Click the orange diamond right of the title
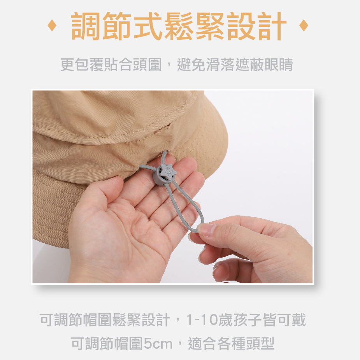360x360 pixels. coord(304,26)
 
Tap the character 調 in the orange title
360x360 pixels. coord(85,26)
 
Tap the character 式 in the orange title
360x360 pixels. coord(148,26)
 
